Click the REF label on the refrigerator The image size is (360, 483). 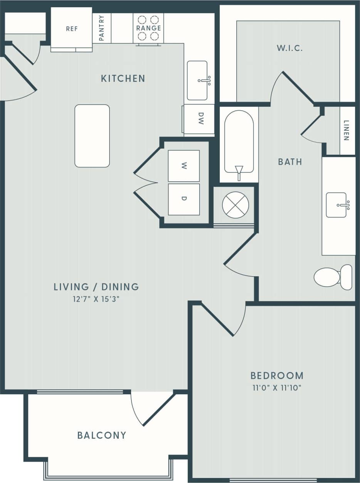(72, 29)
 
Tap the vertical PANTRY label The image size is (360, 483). (102, 28)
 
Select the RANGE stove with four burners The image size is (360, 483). (148, 28)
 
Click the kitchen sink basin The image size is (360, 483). (197, 80)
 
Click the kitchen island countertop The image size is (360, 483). (92, 136)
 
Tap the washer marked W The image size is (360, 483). (184, 166)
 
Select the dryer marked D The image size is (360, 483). (184, 199)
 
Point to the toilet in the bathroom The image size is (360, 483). (332, 277)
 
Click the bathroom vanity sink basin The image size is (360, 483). (336, 205)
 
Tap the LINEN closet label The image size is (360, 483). (346, 131)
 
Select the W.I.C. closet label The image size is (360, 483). (289, 49)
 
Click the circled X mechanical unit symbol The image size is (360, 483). (236, 205)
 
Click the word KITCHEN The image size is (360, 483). (123, 79)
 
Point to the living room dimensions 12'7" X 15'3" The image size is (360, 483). (96, 299)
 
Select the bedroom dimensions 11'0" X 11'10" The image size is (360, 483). (276, 388)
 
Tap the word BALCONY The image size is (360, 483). (102, 436)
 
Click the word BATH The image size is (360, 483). (290, 162)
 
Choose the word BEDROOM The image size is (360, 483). (277, 375)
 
